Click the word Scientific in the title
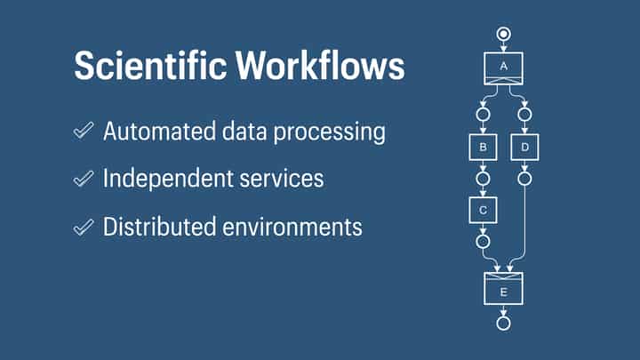[141, 67]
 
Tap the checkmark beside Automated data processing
[84, 132]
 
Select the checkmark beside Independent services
[84, 179]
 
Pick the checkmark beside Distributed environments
[84, 227]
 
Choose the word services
[284, 179]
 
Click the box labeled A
[503, 68]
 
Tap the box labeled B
[482, 147]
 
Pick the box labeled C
[482, 210]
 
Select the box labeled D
[525, 147]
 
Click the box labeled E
[503, 289]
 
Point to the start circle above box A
[503, 35]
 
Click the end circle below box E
[503, 323]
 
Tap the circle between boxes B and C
[482, 179]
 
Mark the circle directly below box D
[525, 179]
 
